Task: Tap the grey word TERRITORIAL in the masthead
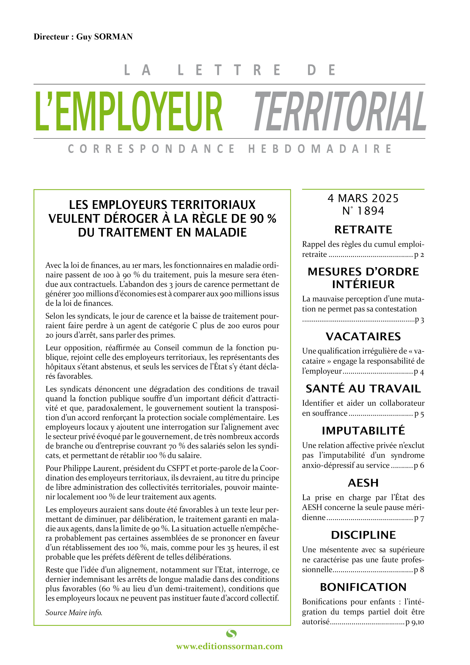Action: click(340, 111)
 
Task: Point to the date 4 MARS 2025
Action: click(363, 198)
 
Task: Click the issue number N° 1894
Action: click(363, 211)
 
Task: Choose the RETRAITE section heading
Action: click(363, 230)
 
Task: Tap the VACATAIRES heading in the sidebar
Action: click(363, 336)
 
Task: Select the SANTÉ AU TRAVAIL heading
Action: click(363, 389)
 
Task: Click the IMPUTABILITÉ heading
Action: click(363, 431)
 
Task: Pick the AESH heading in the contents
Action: click(363, 483)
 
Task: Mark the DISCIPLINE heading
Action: click(363, 535)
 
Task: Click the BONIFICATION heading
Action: click(363, 587)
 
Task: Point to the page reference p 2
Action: click(419, 255)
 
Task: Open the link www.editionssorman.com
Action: click(229, 646)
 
